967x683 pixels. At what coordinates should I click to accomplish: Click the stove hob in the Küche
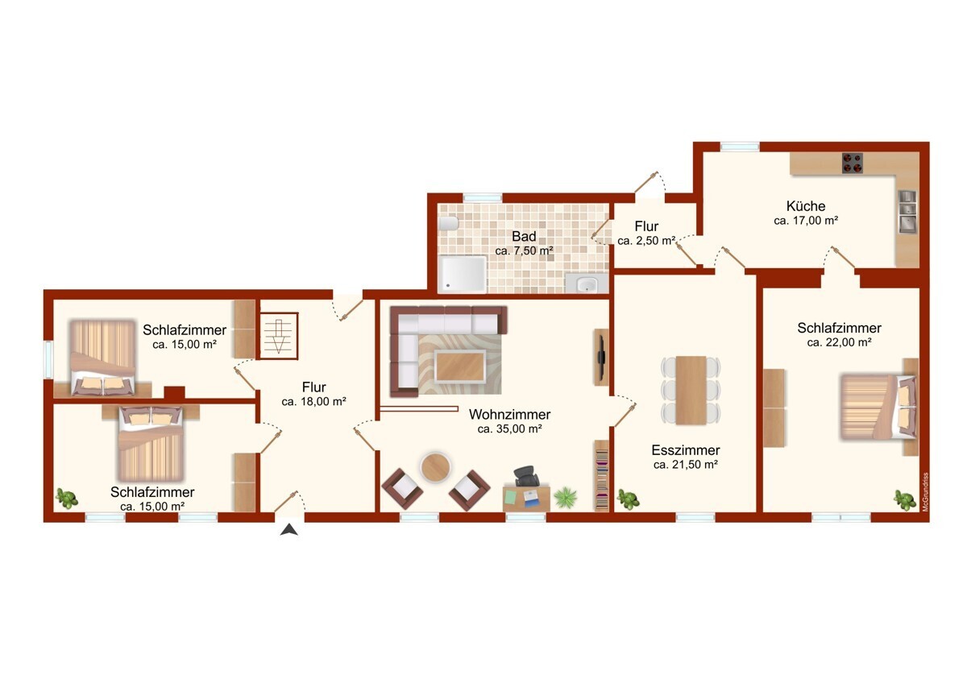click(853, 163)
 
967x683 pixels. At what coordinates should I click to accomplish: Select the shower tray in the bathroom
click(463, 275)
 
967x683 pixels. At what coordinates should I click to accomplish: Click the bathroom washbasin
click(587, 284)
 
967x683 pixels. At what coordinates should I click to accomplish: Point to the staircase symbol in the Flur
click(279, 336)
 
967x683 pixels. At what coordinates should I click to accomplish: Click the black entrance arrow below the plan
click(288, 529)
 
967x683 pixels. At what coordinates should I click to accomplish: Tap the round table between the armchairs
click(435, 467)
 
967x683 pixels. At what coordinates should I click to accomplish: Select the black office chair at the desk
click(526, 476)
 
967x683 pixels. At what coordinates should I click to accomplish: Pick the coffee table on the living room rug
click(460, 366)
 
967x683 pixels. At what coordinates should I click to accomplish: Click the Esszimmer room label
click(686, 450)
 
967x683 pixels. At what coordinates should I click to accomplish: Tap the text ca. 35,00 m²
click(509, 428)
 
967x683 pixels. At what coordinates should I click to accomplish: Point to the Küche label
click(806, 206)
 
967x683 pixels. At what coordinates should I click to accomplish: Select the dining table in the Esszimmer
click(691, 390)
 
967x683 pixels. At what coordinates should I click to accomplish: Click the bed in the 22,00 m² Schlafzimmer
click(878, 407)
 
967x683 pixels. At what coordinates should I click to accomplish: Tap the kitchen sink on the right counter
click(907, 210)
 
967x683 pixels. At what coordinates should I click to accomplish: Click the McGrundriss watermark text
click(925, 492)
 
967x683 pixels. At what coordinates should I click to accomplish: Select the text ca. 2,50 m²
click(646, 241)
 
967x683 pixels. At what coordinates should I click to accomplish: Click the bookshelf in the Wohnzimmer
click(601, 475)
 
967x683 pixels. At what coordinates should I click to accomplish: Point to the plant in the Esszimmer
click(628, 499)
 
